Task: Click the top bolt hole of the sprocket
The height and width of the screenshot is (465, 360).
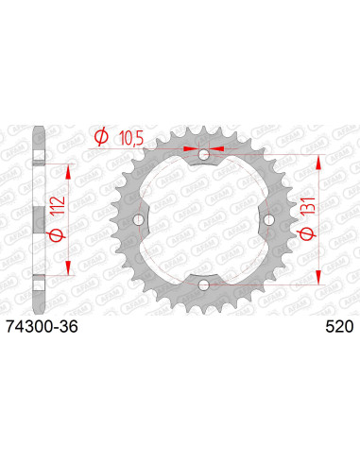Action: pyautogui.click(x=205, y=154)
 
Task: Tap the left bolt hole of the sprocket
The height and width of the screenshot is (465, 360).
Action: pyautogui.click(x=141, y=219)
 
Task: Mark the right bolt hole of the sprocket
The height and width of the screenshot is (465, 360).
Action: pyautogui.click(x=268, y=219)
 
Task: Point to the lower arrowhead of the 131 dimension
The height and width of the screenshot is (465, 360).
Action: pyautogui.click(x=323, y=275)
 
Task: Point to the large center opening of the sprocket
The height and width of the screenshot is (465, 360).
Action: pyautogui.click(x=205, y=219)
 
